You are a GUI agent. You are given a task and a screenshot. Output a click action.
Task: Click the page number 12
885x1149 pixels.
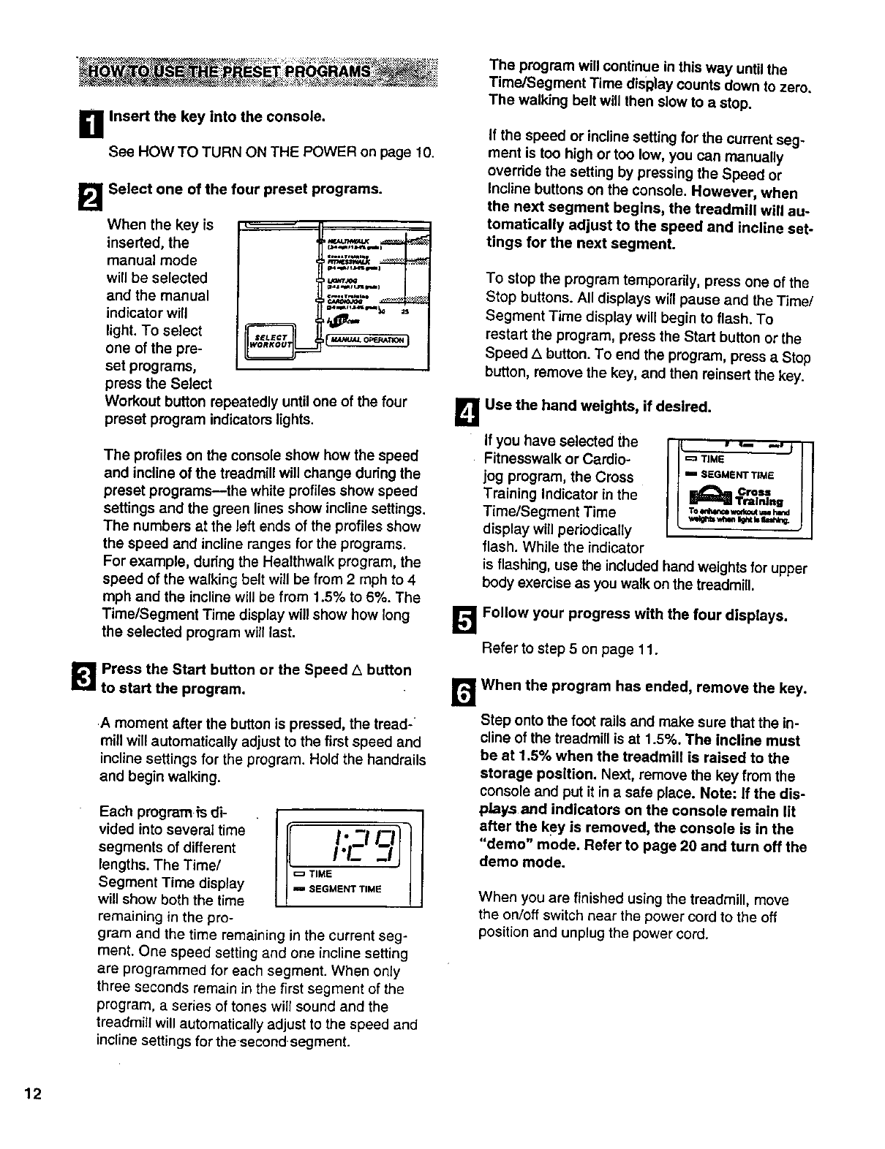tap(33, 1093)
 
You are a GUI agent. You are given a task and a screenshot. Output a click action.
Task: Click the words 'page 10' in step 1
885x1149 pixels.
tap(410, 152)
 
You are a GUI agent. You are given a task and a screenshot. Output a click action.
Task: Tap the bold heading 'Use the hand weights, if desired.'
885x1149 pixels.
tap(598, 406)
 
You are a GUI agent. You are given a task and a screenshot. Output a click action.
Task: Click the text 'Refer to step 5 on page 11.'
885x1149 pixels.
tap(570, 648)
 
